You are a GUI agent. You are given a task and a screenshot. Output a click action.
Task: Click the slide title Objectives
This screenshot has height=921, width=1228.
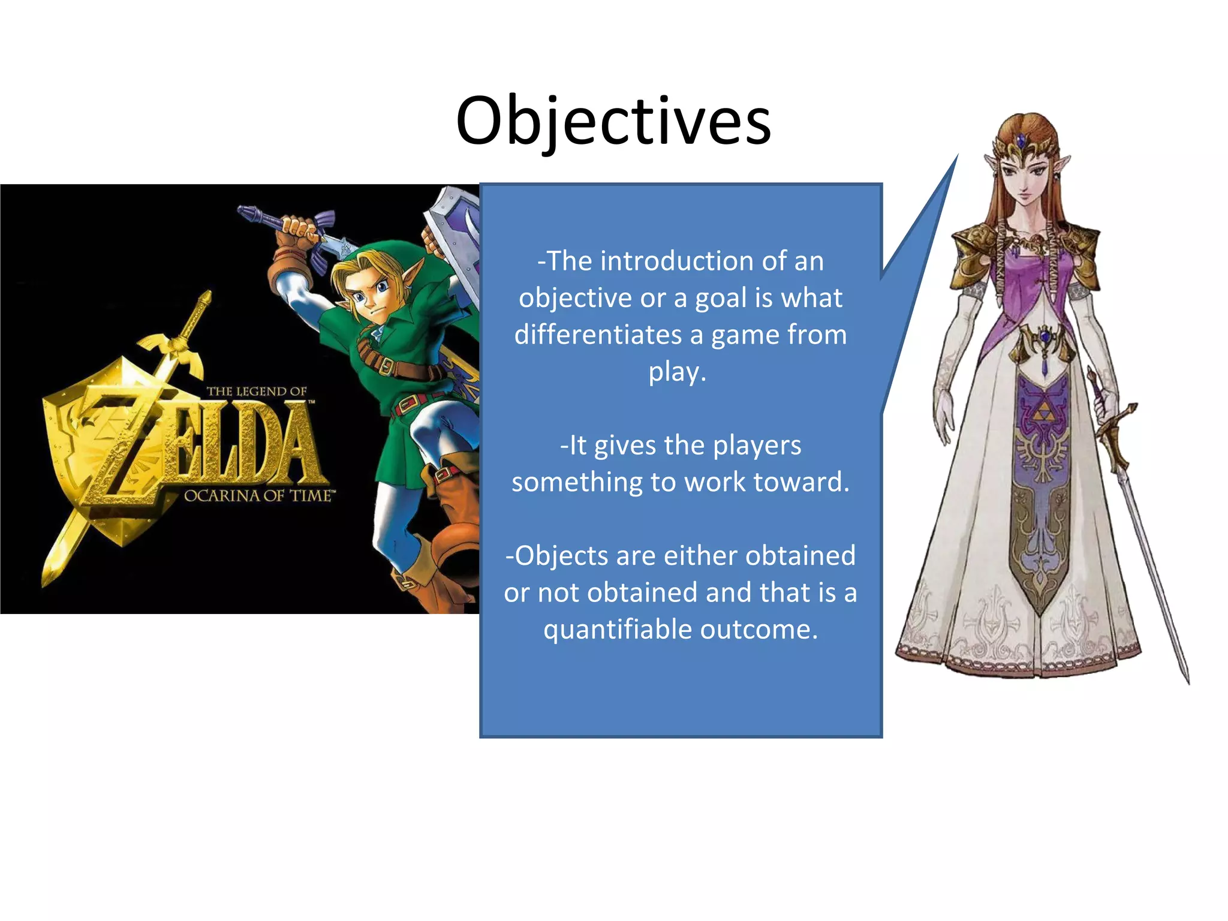[613, 122]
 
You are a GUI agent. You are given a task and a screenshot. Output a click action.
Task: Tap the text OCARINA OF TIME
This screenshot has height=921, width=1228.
[258, 496]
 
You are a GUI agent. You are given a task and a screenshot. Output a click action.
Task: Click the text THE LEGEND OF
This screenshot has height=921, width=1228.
[257, 392]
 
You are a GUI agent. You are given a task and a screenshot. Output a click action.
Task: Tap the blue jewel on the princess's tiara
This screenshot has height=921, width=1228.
[1021, 142]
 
